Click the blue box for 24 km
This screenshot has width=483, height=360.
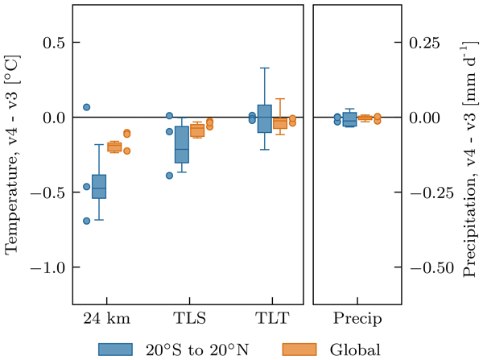[99, 186]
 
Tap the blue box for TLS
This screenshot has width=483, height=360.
[182, 144]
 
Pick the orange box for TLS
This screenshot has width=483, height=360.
[196, 130]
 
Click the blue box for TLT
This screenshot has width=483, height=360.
[264, 118]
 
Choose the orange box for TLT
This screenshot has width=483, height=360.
[279, 123]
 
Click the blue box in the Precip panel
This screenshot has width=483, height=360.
[349, 120]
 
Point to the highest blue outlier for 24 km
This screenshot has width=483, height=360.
[87, 107]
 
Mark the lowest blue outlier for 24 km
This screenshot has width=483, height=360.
[87, 221]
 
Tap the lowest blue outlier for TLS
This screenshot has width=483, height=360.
[170, 175]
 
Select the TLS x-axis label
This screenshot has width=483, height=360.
[189, 317]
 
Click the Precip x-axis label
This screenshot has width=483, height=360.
[356, 317]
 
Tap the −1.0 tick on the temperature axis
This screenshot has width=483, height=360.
[50, 267]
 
